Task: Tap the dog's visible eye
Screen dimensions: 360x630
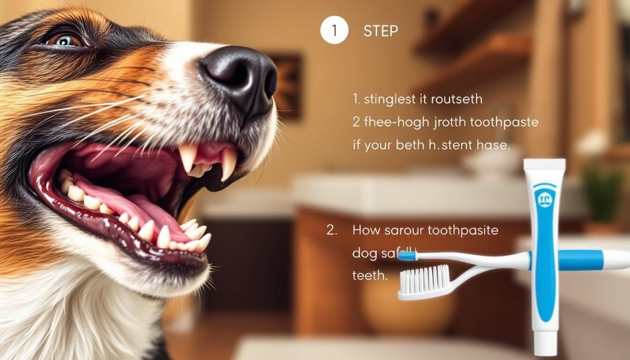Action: [64, 40]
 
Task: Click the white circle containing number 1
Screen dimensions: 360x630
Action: [334, 30]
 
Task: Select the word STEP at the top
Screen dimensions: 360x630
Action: [381, 31]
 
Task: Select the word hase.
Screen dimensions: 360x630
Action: [493, 145]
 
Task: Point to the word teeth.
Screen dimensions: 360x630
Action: [369, 275]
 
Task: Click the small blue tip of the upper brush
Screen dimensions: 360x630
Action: [407, 256]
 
